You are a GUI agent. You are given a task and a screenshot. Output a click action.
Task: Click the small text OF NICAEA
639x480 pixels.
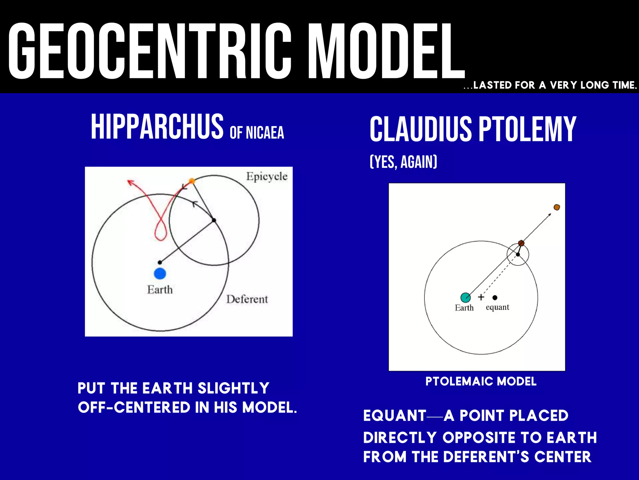(257, 132)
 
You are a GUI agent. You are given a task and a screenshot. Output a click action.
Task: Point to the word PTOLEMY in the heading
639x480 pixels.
(527, 129)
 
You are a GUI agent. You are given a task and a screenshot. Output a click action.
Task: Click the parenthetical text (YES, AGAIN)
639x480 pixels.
(403, 162)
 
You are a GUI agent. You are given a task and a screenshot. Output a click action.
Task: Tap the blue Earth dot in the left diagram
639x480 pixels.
(160, 273)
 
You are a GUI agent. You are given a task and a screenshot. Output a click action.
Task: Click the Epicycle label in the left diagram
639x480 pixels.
(266, 177)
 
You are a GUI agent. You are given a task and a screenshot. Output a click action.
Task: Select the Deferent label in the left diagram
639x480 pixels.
(247, 299)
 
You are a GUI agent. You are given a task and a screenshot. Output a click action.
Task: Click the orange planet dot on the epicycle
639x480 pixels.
(192, 181)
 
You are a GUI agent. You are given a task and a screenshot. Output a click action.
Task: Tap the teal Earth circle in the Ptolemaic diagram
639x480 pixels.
(466, 297)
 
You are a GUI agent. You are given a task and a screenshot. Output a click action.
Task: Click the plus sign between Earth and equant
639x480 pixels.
(481, 297)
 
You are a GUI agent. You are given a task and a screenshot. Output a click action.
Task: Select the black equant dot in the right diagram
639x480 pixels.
(495, 297)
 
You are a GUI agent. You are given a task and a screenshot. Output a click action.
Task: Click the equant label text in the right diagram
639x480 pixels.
(497, 307)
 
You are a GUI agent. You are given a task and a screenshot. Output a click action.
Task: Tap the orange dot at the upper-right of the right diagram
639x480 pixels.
(557, 207)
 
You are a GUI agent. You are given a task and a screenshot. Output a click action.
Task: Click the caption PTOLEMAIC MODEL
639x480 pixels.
(481, 382)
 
